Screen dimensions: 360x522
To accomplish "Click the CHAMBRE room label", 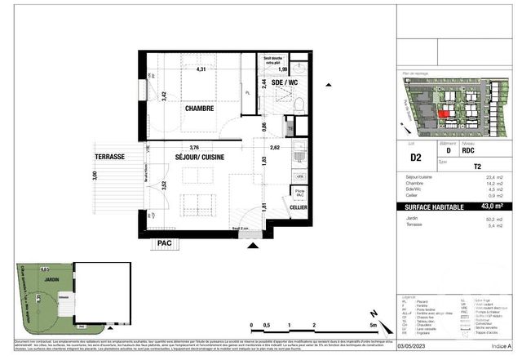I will [x=199, y=109].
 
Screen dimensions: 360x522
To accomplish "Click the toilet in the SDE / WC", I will [x=299, y=104].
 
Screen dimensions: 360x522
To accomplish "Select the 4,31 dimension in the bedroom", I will [x=200, y=69].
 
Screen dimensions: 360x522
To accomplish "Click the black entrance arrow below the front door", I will [x=251, y=245].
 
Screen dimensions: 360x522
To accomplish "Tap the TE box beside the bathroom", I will [x=290, y=128].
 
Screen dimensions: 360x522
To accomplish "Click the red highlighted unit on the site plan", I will [x=443, y=114].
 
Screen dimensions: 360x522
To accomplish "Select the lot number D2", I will [x=414, y=158].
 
